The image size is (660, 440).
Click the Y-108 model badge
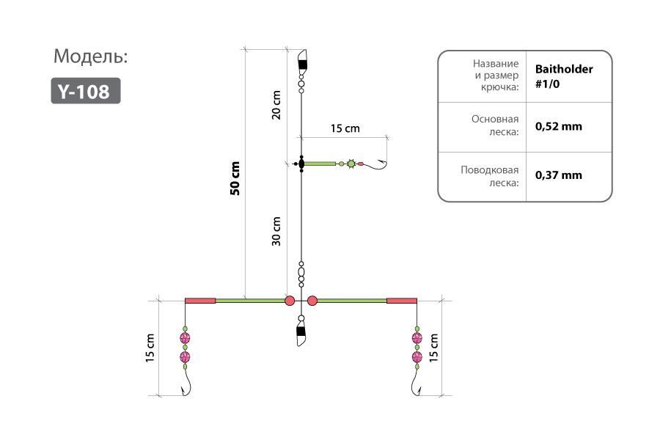86,90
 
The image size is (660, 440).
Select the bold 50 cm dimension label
235,178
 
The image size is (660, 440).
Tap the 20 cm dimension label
276,105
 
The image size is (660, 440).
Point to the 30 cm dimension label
276,231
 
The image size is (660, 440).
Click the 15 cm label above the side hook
345,128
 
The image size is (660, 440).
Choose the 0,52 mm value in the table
559,126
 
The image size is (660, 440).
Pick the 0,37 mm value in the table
559,175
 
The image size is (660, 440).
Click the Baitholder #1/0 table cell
564,76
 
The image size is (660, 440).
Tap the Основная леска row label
495,125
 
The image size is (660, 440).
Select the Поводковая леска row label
490,176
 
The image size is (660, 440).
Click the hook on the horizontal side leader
375,164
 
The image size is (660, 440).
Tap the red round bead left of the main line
290,301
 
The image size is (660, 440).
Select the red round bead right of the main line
312,301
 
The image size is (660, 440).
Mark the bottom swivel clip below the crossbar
301,331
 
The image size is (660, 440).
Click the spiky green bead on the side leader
351,164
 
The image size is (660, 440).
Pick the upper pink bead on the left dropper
185,338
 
